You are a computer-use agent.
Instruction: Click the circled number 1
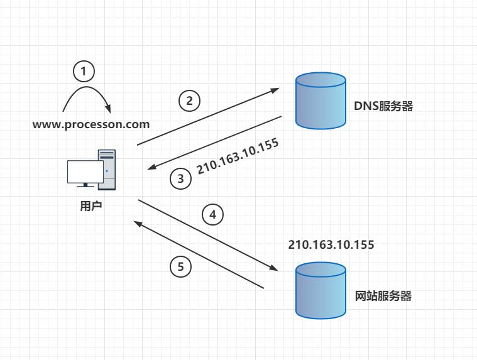tap(84, 70)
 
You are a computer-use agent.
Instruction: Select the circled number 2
tap(189, 101)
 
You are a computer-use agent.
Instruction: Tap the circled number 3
tap(181, 179)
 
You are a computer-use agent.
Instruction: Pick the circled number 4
tap(212, 215)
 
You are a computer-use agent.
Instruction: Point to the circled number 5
tap(181, 267)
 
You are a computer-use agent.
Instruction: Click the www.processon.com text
tap(91, 124)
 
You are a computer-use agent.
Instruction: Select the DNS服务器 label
tap(383, 106)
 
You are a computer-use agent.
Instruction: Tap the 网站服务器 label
tap(383, 295)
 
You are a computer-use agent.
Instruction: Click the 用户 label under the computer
tap(90, 205)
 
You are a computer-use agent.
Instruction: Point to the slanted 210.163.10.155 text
tap(238, 156)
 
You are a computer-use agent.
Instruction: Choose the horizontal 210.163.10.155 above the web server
tap(331, 244)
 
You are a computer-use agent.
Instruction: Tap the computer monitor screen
tap(85, 172)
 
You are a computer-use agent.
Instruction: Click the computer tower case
tap(107, 169)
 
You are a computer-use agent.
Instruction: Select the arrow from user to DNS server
tap(208, 116)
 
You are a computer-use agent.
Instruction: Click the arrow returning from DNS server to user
tap(214, 143)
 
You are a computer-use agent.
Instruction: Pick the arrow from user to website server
tap(208, 235)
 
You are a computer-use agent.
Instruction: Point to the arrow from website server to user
tap(198, 255)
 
